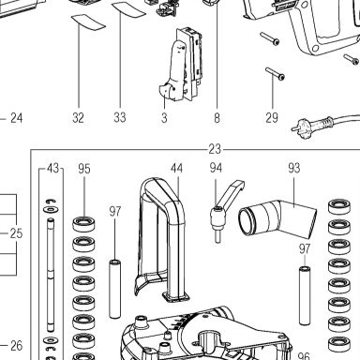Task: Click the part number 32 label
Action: point(78,118)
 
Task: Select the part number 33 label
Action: point(120,117)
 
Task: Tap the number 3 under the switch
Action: point(164,118)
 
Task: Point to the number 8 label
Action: point(217,118)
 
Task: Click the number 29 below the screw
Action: point(272,118)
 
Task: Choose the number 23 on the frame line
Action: point(215,149)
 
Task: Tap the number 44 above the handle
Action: point(176,169)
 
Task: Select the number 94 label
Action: point(216,168)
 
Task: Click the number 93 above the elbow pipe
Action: point(294,168)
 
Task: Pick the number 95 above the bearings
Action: point(84,169)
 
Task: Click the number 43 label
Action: point(52,169)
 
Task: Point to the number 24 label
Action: point(17,118)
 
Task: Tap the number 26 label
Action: point(17,346)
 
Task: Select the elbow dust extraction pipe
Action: point(278,218)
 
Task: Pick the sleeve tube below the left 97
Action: point(114,289)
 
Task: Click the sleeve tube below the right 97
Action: point(305,295)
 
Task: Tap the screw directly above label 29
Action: point(276,74)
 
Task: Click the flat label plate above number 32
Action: point(88,22)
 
